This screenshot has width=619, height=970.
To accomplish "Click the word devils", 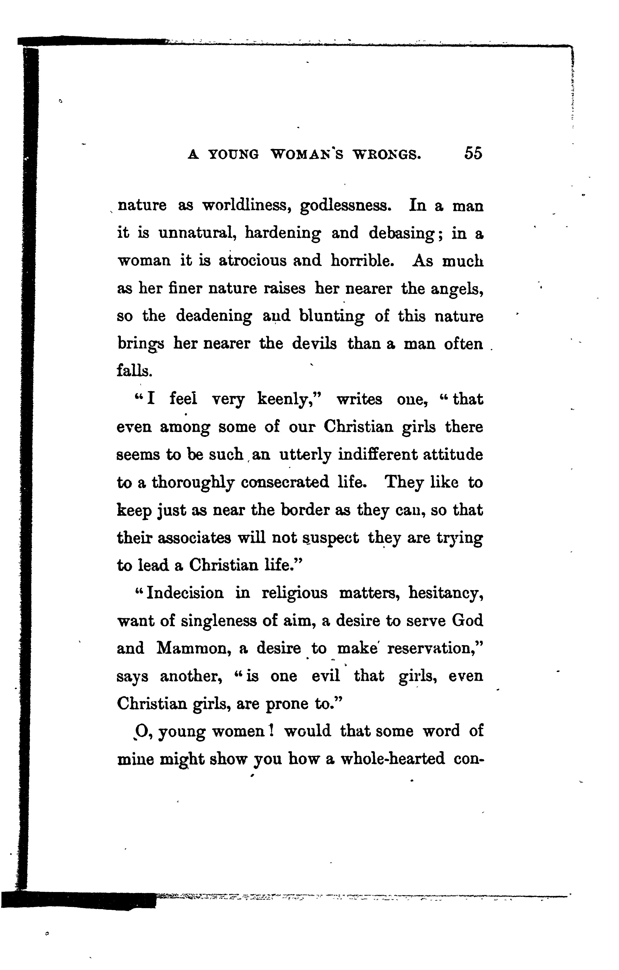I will [x=314, y=344].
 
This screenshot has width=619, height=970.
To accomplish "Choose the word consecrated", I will [x=285, y=482].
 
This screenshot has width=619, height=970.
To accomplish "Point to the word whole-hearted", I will [x=393, y=758].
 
